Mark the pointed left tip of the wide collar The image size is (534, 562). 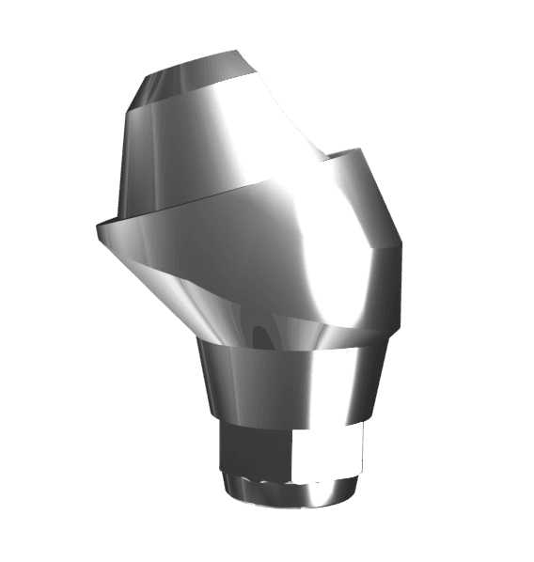98,226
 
